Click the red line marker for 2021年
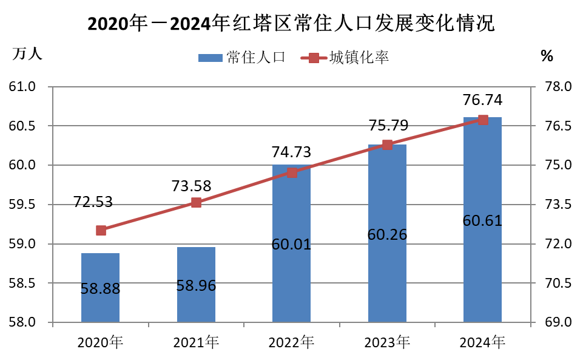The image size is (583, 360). click(x=196, y=203)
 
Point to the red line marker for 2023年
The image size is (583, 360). click(x=387, y=144)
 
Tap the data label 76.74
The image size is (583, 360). click(x=482, y=100)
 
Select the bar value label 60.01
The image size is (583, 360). click(x=291, y=245)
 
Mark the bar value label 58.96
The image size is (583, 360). click(x=196, y=286)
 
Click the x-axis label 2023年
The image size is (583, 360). click(x=387, y=343)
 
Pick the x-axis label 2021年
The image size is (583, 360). click(x=196, y=343)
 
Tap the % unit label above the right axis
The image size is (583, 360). click(x=547, y=56)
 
